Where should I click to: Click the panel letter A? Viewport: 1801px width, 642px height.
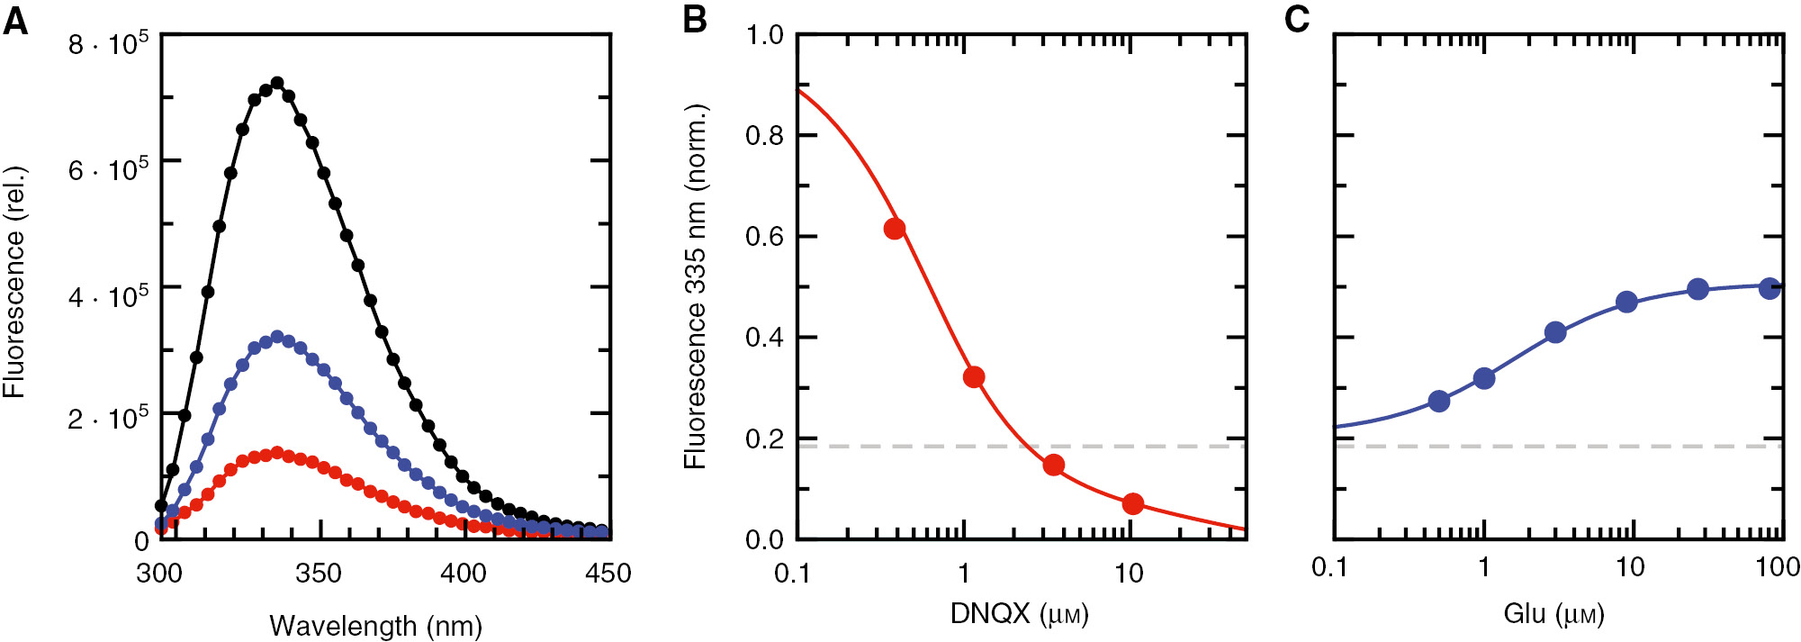pos(15,20)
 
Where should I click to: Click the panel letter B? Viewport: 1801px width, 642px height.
pos(694,20)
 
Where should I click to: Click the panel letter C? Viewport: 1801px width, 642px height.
pos(1297,20)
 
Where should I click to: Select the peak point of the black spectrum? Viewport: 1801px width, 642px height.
pos(277,83)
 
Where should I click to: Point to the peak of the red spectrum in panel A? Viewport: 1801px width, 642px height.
pos(277,452)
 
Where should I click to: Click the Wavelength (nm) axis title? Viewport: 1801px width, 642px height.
pos(375,626)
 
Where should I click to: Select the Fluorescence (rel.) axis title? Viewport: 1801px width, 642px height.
pos(14,283)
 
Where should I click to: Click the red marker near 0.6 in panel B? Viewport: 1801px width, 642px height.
pos(894,229)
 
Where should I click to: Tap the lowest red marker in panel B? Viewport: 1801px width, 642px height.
pos(1133,503)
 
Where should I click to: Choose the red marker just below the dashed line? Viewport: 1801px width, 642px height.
pos(1054,465)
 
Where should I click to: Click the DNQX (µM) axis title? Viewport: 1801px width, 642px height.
pos(1019,614)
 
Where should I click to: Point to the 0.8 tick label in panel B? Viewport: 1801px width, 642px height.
pos(764,136)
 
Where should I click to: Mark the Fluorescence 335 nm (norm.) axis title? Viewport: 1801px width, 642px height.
pos(695,286)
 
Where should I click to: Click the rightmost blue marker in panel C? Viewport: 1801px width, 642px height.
pos(1769,288)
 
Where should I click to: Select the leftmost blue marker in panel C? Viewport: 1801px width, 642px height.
pos(1439,401)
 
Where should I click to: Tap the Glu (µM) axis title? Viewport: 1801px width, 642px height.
pos(1553,614)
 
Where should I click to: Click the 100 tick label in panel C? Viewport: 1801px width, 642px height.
pos(1778,567)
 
